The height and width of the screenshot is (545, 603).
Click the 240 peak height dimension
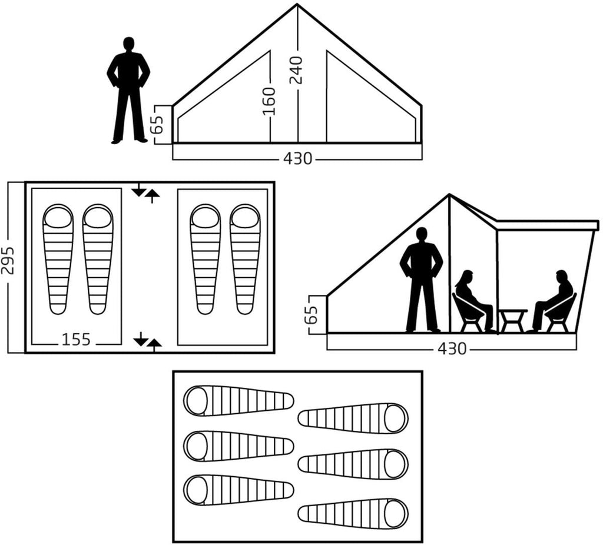tap(297, 70)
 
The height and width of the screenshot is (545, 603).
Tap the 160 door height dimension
tap(269, 101)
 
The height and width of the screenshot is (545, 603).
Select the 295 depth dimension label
tap(7, 260)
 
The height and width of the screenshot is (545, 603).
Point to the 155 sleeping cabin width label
tap(76, 340)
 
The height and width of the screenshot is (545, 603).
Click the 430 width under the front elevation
tap(297, 158)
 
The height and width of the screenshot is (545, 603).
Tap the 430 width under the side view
tap(452, 348)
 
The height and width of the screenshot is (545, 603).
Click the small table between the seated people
tap(513, 321)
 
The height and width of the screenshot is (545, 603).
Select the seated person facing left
tap(554, 302)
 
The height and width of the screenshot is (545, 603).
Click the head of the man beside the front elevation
tap(129, 44)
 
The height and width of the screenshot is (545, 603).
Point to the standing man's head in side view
tap(422, 234)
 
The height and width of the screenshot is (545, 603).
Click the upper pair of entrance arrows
tap(145, 192)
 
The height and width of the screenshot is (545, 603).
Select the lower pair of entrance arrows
tap(147, 341)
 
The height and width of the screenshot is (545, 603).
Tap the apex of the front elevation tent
tap(297, 4)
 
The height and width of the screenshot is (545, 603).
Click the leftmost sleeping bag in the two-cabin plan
tap(58, 260)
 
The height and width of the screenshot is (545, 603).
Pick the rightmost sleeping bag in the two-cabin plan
tap(245, 260)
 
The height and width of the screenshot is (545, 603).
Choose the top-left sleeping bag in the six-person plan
tap(239, 401)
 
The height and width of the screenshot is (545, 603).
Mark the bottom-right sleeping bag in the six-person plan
tap(353, 514)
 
